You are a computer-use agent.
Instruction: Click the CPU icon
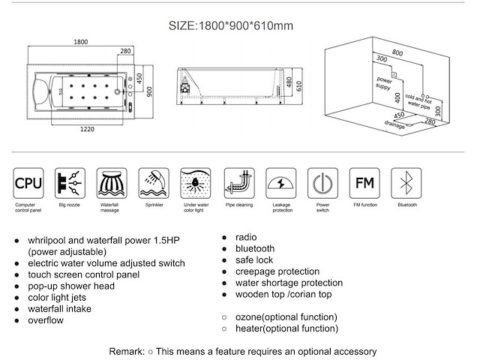(29, 181)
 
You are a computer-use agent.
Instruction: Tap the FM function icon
(364, 181)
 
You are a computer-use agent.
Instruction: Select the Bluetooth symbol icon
(406, 181)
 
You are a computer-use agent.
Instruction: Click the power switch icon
(322, 181)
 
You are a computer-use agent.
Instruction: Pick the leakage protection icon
(280, 181)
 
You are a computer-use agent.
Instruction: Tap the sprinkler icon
(154, 181)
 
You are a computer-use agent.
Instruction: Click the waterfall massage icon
(112, 181)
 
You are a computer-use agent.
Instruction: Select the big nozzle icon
(70, 181)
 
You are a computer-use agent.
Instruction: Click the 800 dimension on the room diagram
(397, 52)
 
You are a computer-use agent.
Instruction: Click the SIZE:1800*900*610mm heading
(229, 25)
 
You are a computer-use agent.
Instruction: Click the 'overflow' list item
(46, 321)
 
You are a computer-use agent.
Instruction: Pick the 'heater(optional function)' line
(286, 328)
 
